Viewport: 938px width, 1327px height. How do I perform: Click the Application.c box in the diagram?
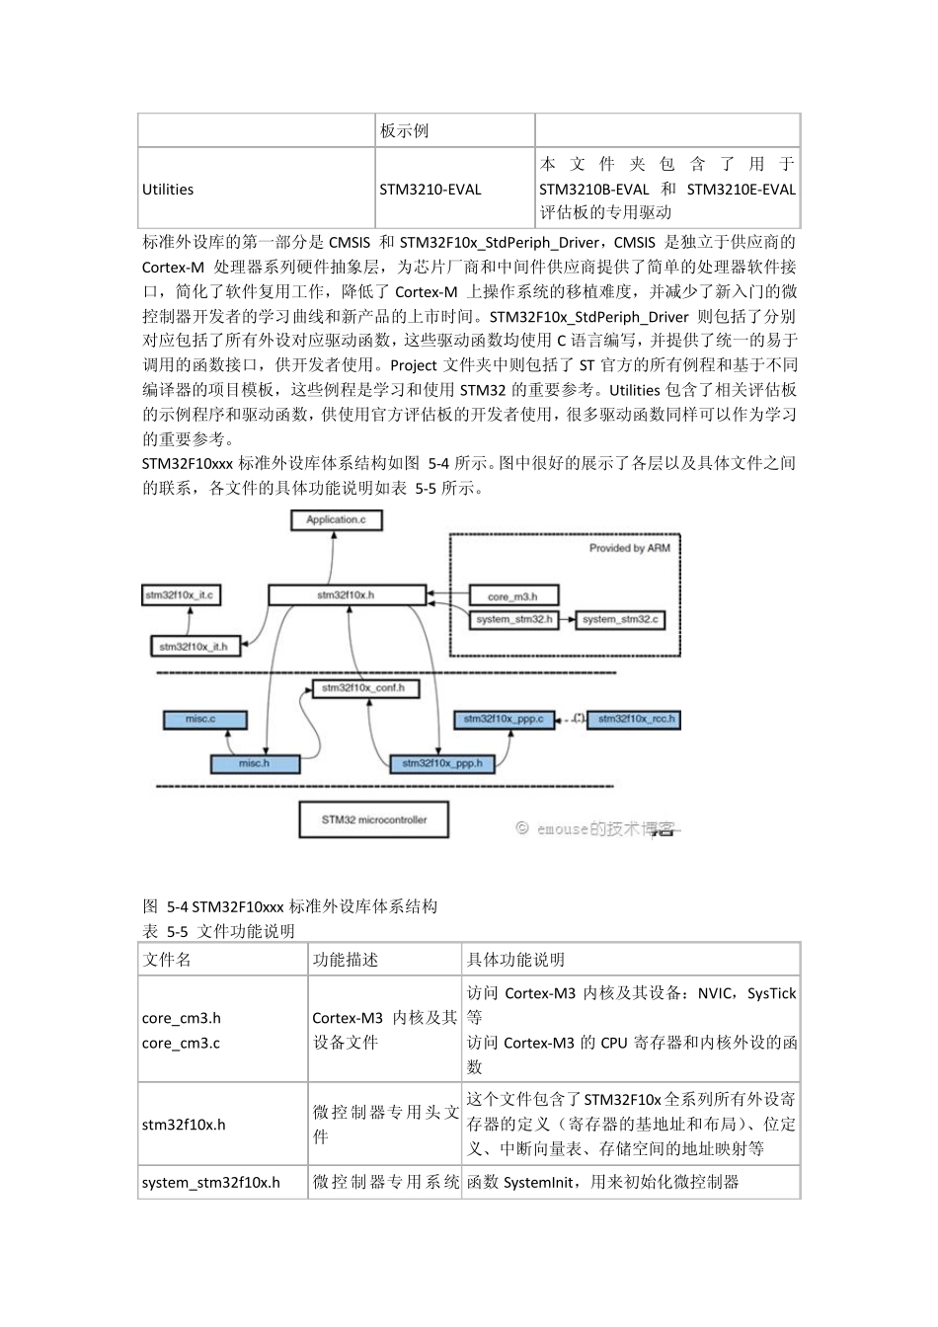(x=336, y=519)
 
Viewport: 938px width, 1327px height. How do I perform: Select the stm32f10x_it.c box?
(x=179, y=595)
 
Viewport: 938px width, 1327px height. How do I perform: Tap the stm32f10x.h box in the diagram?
(x=347, y=595)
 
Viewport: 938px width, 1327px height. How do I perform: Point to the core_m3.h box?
(x=512, y=596)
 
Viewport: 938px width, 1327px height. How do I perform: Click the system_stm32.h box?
(x=513, y=620)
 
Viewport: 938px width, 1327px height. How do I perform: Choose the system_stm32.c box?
(x=619, y=620)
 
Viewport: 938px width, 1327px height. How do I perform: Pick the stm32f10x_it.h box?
(x=194, y=647)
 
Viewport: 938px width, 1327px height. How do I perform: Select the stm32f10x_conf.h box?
(x=363, y=688)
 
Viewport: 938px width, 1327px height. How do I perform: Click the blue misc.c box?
(x=200, y=719)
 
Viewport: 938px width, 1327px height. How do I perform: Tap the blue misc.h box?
(x=254, y=763)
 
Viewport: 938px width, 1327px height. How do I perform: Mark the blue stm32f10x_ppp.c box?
(x=505, y=719)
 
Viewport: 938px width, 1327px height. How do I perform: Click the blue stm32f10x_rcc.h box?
(x=636, y=719)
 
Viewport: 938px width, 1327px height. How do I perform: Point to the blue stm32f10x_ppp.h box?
(x=442, y=763)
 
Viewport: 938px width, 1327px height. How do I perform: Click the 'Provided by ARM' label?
(x=629, y=548)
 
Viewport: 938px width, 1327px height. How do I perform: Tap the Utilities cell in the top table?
(x=168, y=190)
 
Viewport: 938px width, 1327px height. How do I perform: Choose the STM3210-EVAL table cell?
(x=430, y=190)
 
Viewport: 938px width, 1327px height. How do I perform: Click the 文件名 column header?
(x=167, y=960)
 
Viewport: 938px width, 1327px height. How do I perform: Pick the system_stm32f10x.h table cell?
(x=211, y=1182)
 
